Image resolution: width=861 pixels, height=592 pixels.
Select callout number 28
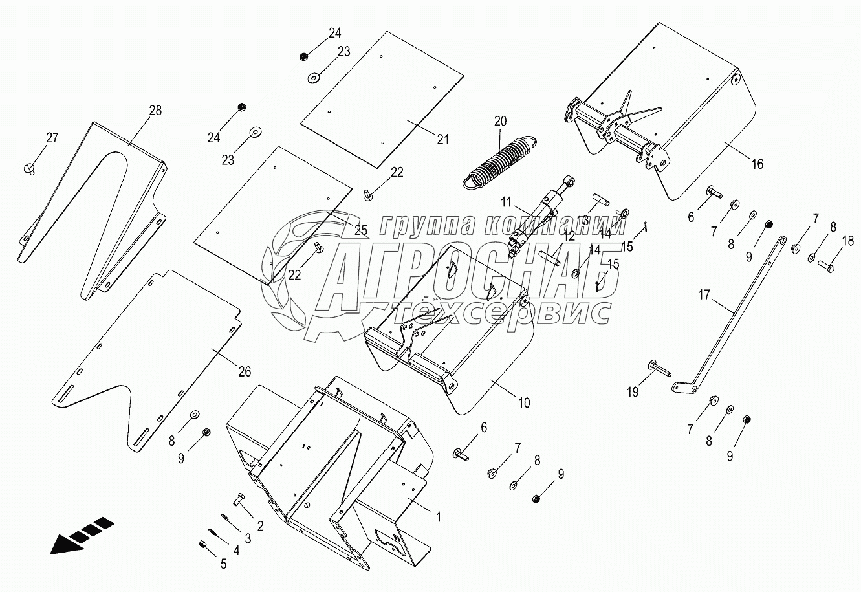coord(155,111)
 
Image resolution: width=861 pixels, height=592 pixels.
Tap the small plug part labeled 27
coord(28,168)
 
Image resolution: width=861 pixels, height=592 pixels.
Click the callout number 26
coord(244,371)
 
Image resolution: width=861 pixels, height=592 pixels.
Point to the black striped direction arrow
coord(82,536)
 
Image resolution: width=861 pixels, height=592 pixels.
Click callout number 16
coord(756,164)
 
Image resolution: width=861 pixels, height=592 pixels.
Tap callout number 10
coord(523,403)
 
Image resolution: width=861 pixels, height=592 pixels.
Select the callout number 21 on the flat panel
coord(442,139)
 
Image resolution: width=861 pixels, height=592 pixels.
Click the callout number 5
coord(224,564)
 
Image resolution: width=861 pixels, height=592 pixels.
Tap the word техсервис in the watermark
coord(501,313)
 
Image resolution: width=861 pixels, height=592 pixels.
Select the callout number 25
coord(360,229)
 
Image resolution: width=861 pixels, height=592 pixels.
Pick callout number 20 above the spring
coord(501,120)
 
